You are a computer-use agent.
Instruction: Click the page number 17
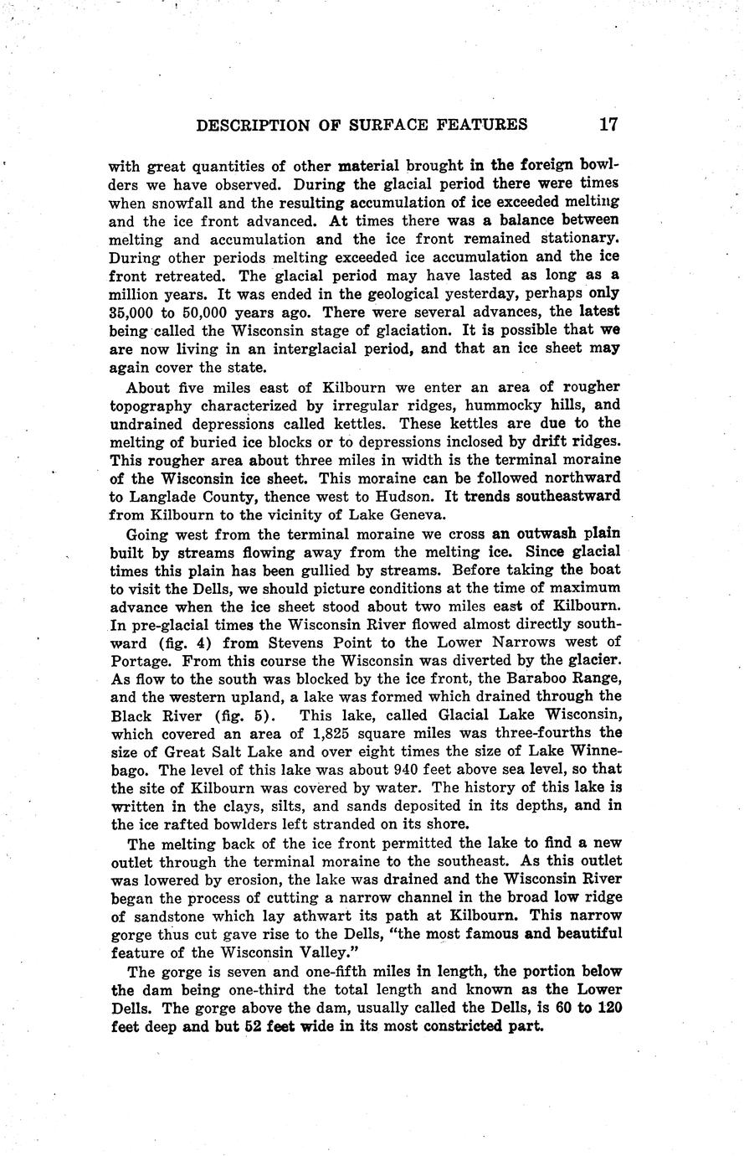pos(608,125)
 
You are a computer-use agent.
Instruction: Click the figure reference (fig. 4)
pos(183,643)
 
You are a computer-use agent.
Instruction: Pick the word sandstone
pos(162,916)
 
